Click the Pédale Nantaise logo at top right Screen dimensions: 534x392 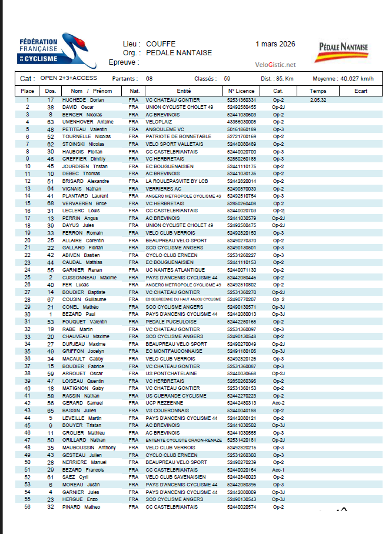[344, 51]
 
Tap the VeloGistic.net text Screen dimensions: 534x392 [276, 65]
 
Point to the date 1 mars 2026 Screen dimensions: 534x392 [275, 44]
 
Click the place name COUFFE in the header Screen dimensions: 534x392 [161, 44]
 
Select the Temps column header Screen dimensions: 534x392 [318, 91]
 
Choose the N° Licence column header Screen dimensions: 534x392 [241, 91]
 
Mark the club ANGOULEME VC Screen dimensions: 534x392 [165, 129]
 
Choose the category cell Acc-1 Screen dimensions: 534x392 [278, 470]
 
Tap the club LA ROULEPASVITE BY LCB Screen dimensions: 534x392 [177, 181]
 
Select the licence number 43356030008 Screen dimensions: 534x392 [241, 122]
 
